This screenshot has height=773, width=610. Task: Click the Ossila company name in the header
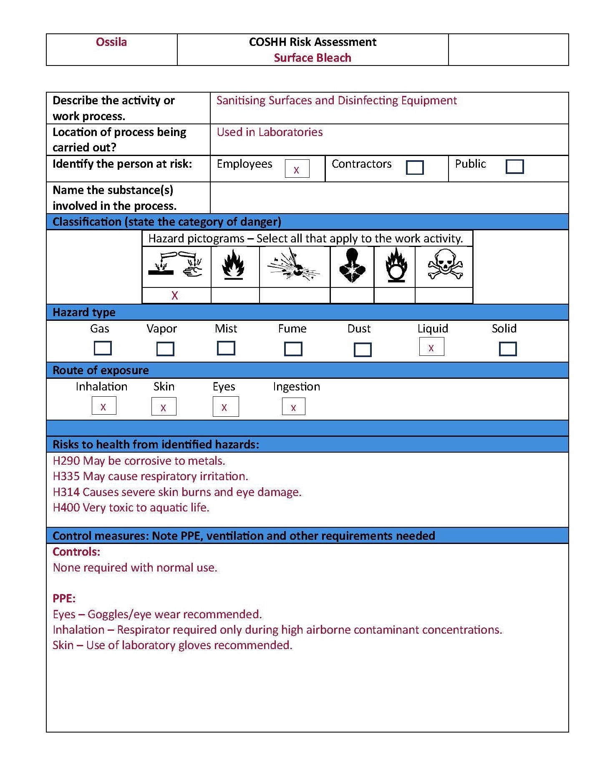pos(111,42)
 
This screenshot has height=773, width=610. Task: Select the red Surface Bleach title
pos(312,58)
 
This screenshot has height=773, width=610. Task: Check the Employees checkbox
pos(297,169)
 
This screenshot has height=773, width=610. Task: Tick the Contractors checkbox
pos(414,167)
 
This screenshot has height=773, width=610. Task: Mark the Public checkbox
pos(514,166)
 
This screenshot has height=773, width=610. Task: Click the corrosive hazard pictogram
pos(176,266)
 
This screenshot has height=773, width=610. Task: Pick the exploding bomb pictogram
pos(294,266)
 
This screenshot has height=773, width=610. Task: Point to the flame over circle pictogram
pos(395,266)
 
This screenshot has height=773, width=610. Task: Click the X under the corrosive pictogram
pos(175,295)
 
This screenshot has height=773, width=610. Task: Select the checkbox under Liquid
pos(431,347)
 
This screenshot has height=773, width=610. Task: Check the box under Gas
pos(103,348)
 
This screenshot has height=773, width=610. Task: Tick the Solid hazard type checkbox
pos(507,349)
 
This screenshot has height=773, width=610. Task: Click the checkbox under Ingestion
pos(293,407)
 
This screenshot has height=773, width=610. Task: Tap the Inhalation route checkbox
pos(103,406)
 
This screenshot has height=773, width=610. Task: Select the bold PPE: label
pos(64,599)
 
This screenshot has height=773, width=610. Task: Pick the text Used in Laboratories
pos(270,132)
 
